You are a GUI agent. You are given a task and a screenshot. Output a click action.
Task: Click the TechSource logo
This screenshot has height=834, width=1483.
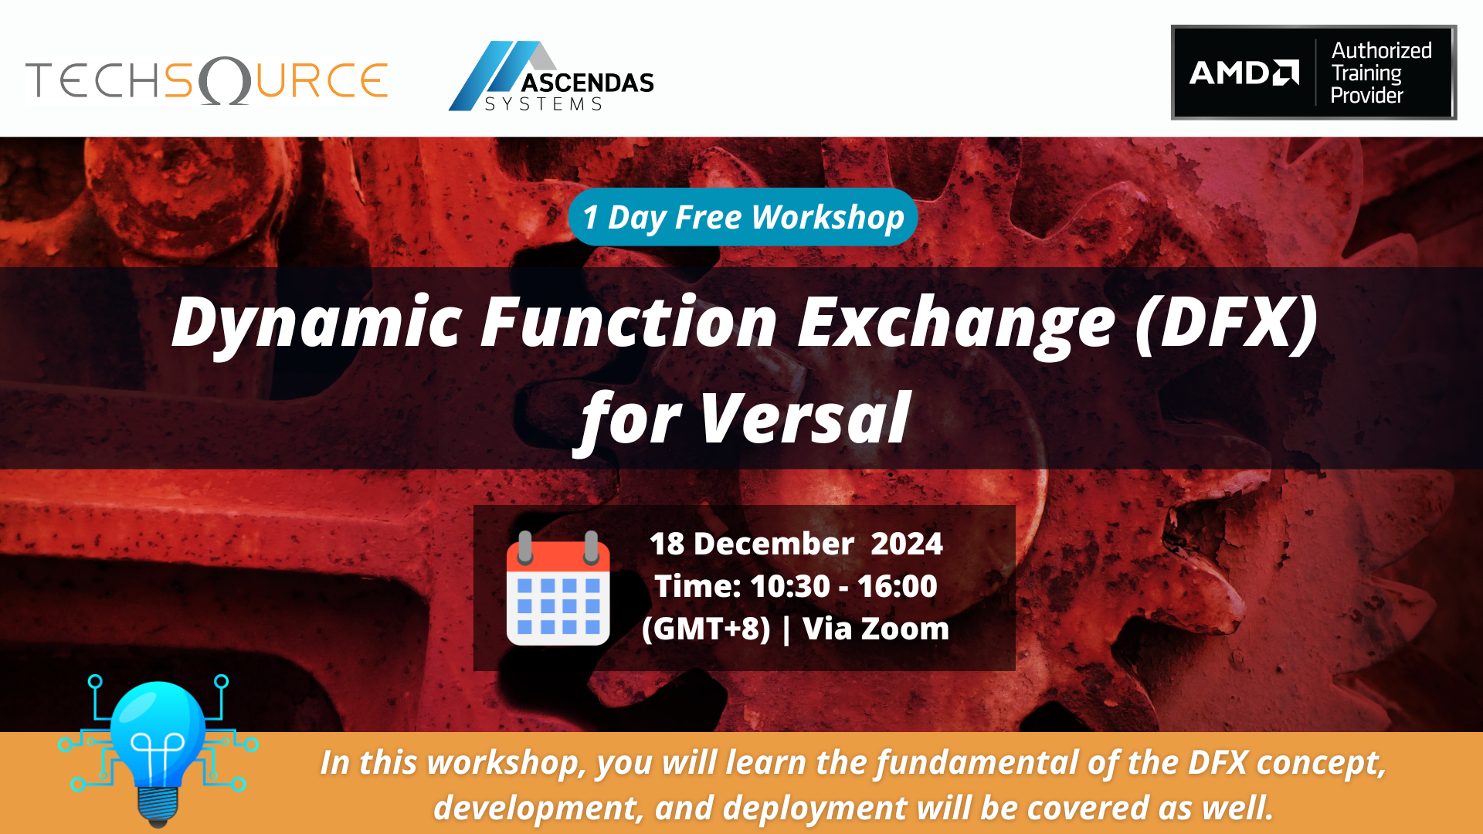(206, 80)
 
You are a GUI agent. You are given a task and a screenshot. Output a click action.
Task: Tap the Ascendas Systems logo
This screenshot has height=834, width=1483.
(551, 77)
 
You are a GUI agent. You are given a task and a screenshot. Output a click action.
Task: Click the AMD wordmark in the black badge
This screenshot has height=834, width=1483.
(1244, 73)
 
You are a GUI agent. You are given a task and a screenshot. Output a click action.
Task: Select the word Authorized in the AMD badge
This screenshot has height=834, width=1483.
(1381, 51)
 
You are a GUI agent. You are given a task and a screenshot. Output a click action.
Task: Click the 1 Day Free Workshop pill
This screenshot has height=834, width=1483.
(742, 217)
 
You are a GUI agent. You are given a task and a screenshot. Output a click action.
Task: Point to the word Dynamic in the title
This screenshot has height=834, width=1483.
(317, 322)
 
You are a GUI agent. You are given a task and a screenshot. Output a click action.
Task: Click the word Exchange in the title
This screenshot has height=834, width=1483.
(956, 322)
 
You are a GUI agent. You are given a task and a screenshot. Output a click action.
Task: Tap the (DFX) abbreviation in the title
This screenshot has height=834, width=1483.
(1227, 322)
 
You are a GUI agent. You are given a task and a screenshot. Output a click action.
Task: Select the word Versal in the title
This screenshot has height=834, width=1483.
(806, 419)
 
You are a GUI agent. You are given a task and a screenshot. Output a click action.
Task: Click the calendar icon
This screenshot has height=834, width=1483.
(558, 588)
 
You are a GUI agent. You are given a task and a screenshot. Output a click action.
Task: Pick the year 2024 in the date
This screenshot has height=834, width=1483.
(906, 544)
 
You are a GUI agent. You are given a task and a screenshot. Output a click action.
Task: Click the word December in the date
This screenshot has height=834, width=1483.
(774, 544)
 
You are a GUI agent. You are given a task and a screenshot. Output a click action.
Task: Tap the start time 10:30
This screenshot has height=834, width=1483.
(779, 586)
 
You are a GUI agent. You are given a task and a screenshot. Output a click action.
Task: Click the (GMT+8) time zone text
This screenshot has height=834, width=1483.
(706, 629)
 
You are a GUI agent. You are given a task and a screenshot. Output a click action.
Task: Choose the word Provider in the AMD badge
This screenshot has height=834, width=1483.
(1366, 96)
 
